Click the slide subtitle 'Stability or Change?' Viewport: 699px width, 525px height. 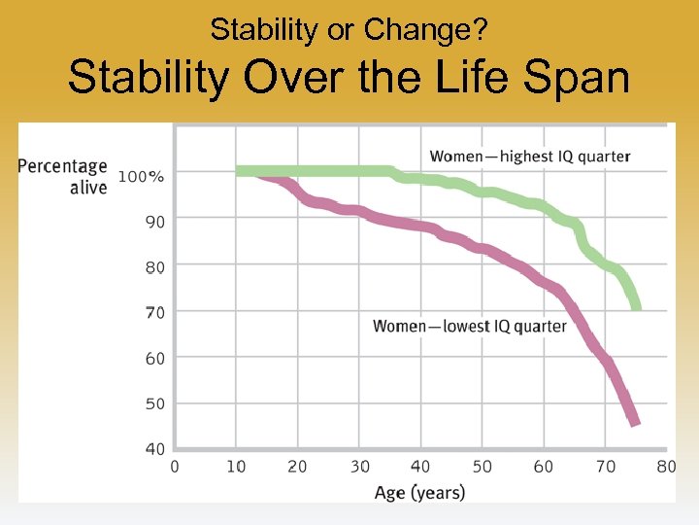(349, 30)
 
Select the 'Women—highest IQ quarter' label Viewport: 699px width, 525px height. (530, 157)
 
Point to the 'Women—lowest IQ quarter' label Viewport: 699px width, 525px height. (470, 326)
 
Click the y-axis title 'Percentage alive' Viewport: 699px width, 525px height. (62, 176)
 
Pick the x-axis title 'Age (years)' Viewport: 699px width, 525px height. (420, 492)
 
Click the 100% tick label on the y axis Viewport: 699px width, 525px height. (142, 176)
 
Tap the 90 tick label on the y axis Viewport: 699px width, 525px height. (155, 222)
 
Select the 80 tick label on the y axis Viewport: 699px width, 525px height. (155, 267)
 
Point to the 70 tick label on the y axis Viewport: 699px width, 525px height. (155, 312)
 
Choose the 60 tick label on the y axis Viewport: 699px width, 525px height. (155, 358)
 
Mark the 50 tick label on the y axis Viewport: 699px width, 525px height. (155, 403)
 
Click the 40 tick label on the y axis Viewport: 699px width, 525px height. (155, 449)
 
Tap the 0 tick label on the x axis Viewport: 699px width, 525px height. (175, 467)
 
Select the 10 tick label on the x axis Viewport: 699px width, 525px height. (236, 467)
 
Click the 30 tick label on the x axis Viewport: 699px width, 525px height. (359, 467)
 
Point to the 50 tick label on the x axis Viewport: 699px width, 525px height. (483, 467)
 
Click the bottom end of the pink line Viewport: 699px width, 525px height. (635, 423)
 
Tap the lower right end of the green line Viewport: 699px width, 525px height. (636, 307)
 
